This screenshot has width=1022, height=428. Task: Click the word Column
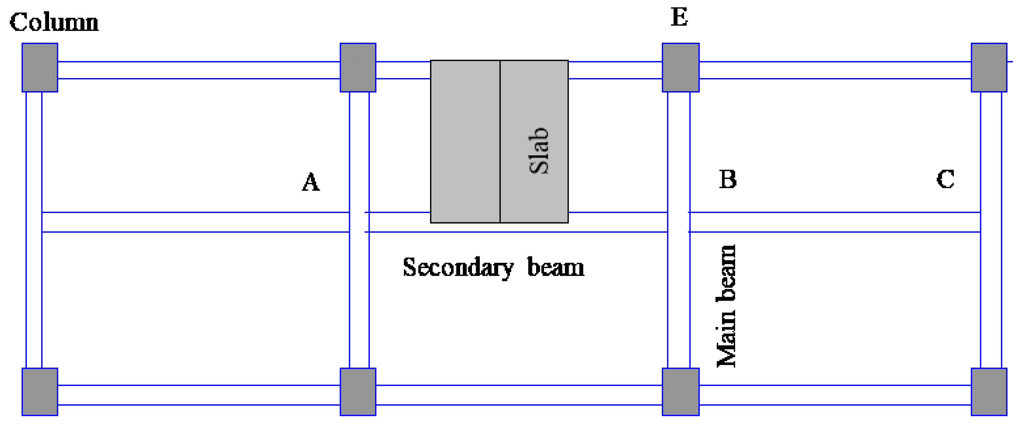54,22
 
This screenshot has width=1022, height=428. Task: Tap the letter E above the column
679,17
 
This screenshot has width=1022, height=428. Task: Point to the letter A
311,182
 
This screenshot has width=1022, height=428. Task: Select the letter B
728,179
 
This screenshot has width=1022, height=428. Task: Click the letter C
945,179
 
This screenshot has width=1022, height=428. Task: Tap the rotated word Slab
539,151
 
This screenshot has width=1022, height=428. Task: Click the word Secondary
458,267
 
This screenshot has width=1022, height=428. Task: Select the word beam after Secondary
555,267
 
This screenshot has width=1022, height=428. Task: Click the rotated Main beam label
726,306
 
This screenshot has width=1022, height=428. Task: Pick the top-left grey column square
40,68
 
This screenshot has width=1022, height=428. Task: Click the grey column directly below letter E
680,68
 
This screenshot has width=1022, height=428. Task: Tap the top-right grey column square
989,68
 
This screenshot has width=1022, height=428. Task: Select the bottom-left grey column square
40,392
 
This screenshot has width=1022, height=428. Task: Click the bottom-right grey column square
989,392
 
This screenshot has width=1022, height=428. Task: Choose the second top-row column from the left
358,68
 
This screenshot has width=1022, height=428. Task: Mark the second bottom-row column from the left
358,392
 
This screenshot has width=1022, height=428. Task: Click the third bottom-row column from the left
680,392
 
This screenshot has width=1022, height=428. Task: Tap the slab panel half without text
465,141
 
